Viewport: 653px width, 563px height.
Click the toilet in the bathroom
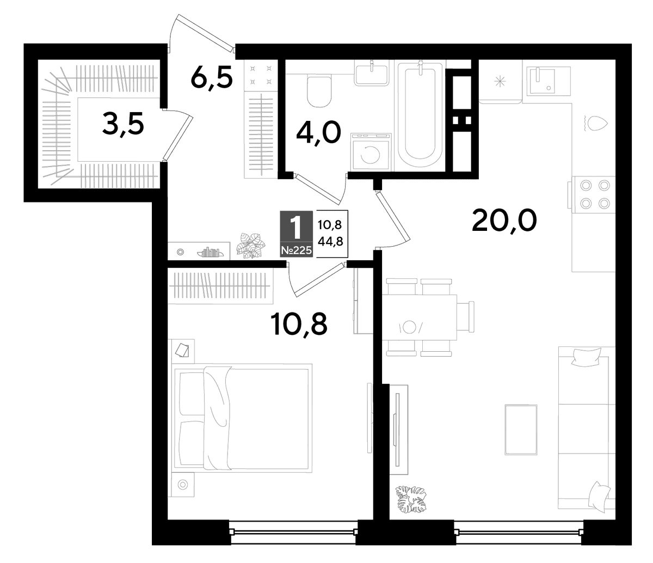[319, 91]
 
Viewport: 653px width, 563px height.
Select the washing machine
[371, 152]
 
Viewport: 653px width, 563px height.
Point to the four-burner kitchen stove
[594, 194]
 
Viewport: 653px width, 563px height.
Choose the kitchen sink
[546, 81]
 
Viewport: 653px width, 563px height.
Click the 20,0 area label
[504, 221]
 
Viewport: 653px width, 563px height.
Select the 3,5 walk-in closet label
[123, 125]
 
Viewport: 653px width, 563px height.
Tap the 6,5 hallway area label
[212, 77]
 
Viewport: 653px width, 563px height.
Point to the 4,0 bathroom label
[318, 132]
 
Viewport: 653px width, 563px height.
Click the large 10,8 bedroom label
[299, 325]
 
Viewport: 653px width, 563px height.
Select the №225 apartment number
[297, 250]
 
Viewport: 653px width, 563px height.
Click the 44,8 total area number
[330, 242]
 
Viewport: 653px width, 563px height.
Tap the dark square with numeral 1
[297, 234]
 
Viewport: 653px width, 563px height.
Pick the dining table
[420, 317]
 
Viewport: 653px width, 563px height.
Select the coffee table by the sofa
[521, 430]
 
